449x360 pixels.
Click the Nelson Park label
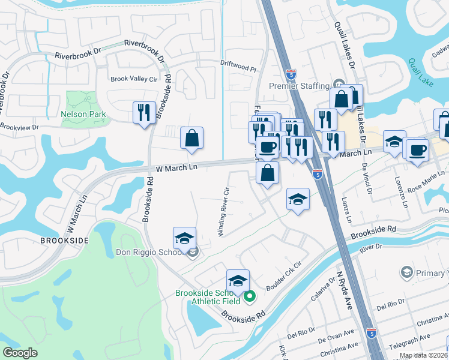point(83,114)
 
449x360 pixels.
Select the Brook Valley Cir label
point(133,79)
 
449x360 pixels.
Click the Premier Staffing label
point(299,86)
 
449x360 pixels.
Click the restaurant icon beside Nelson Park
point(143,112)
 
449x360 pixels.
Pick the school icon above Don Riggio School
point(184,238)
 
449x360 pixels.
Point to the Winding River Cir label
point(225,212)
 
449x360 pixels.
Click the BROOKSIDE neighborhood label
point(65,241)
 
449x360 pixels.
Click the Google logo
point(20,353)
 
